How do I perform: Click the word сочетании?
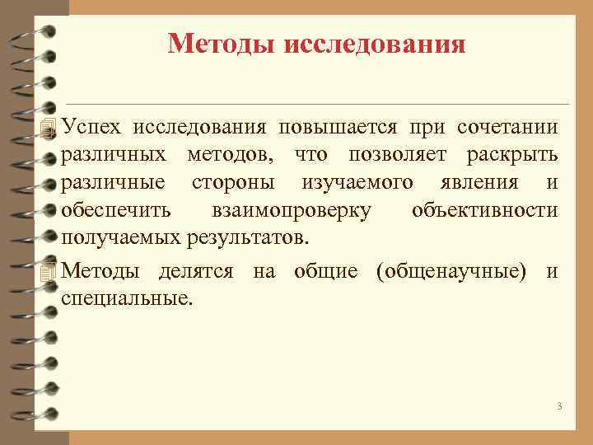509,128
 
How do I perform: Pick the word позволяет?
400,155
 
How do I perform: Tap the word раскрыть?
512,155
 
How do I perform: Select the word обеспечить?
115,210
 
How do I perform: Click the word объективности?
484,210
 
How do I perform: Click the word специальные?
127,297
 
